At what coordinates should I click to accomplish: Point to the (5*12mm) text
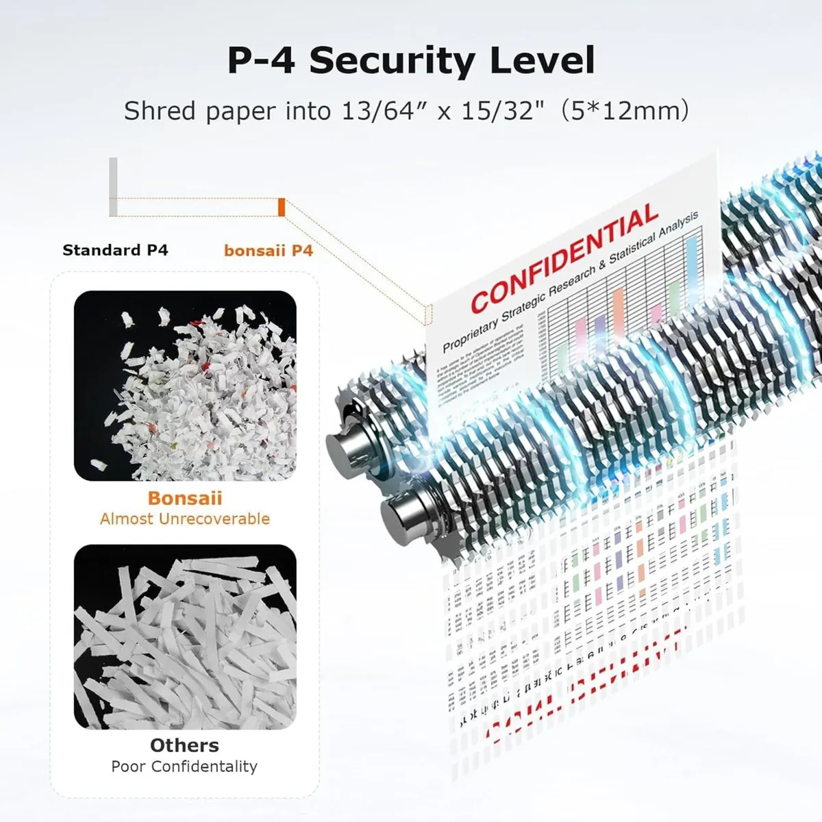click(624, 110)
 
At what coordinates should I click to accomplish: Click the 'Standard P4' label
click(115, 250)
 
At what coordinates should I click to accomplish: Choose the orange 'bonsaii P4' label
click(268, 251)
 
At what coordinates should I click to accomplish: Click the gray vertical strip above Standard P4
click(113, 186)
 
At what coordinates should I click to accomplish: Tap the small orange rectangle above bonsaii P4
click(282, 207)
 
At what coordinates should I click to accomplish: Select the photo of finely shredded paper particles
click(185, 385)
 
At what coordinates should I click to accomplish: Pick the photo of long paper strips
click(185, 636)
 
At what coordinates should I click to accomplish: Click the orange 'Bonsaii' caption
click(185, 498)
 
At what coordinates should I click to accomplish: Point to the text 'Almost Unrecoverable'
click(185, 519)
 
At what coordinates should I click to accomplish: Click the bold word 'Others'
click(185, 745)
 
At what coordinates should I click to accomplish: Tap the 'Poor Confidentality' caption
click(185, 766)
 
